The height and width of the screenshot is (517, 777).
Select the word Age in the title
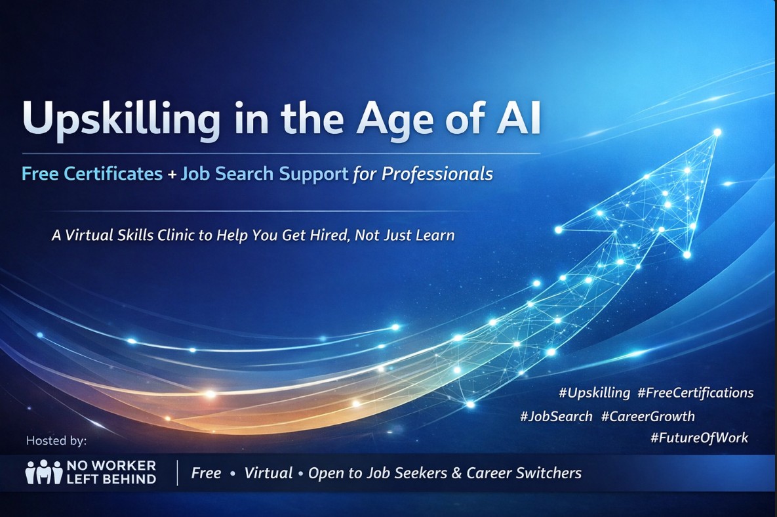pos(393,119)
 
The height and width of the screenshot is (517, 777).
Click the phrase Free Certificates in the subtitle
pos(92,174)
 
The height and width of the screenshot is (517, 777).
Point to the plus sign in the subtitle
pos(171,175)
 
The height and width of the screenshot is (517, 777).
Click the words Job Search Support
pos(264,174)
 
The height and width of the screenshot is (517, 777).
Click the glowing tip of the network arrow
pos(717,133)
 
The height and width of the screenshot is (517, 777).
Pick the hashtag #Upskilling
pos(594,393)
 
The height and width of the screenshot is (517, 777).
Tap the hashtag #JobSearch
pos(556,416)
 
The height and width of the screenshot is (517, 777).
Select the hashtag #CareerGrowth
pos(647,416)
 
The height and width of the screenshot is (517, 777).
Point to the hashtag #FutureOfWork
pos(699,438)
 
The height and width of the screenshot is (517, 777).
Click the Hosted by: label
pos(56,440)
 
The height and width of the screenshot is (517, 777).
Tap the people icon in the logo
pos(43,472)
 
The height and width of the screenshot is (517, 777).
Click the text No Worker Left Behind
pos(111,472)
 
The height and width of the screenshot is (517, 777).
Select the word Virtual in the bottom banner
pos(269,473)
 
